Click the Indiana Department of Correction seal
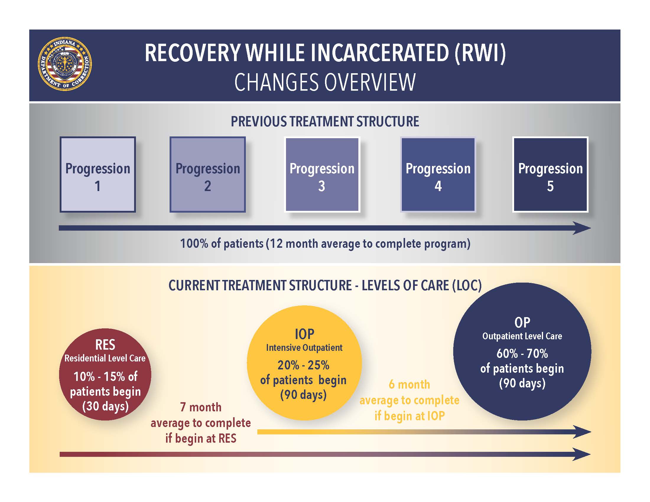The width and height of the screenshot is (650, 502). [x=65, y=64]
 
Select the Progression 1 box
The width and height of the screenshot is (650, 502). [x=97, y=175]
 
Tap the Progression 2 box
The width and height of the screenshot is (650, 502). [x=207, y=175]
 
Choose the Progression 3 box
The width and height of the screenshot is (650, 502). [x=322, y=175]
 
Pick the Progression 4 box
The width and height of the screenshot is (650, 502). [x=438, y=175]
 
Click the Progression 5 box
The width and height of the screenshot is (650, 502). [x=550, y=175]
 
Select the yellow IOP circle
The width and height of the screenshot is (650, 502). [x=304, y=363]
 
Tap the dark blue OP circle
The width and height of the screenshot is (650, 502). [x=522, y=351]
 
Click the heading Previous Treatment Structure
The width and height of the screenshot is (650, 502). [x=325, y=122]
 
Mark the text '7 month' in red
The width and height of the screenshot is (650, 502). [x=201, y=407]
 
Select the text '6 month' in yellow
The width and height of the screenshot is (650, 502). [x=409, y=384]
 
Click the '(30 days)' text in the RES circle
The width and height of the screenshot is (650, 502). [x=105, y=406]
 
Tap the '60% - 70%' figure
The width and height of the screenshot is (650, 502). [x=522, y=353]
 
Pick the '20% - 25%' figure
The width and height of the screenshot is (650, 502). [x=303, y=365]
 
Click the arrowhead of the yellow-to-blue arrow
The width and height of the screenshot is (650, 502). [x=582, y=432]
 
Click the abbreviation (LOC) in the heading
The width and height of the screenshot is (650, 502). [x=466, y=286]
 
